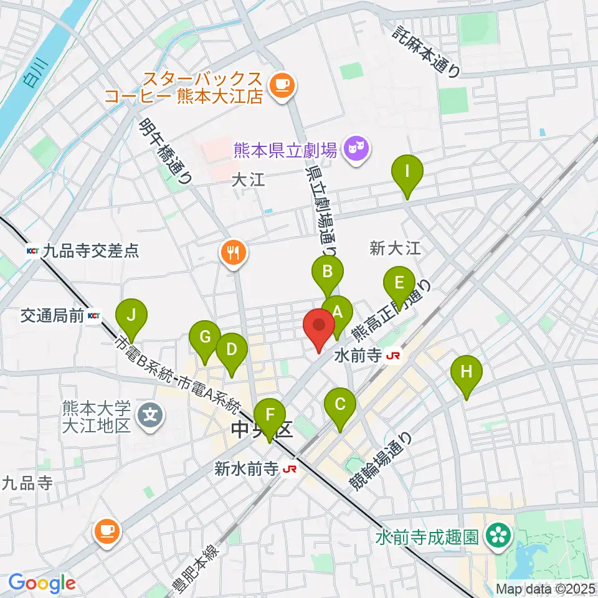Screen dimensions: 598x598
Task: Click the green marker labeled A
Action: coord(337,311)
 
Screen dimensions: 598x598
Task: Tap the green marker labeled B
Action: coord(328,271)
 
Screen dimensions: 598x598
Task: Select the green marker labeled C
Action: coord(340,404)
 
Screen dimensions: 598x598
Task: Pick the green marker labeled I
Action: coord(407,171)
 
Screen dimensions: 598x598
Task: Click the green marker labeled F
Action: coord(269,415)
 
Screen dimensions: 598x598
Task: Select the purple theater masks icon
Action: coord(356,149)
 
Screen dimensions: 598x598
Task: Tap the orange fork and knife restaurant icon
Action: coord(234,252)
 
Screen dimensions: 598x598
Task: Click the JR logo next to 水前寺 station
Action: coord(393,356)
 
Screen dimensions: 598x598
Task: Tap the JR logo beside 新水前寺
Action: coord(288,468)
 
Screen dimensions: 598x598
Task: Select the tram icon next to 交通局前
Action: coord(93,316)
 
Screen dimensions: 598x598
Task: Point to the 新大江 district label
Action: coord(395,249)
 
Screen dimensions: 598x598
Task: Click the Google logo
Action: coord(42,583)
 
